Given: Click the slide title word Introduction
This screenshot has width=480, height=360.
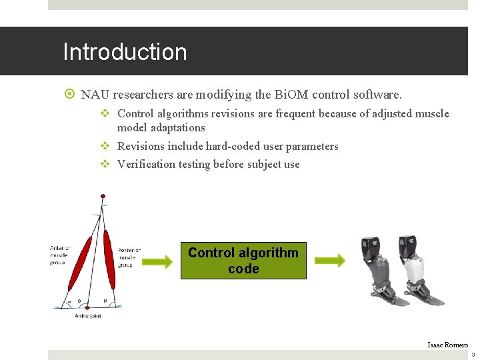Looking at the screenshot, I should [125, 52].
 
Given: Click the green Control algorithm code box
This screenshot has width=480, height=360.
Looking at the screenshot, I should [243, 261].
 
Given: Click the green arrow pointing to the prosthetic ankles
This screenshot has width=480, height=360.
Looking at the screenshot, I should [330, 261].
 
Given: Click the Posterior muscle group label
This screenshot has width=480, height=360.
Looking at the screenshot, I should [129, 257].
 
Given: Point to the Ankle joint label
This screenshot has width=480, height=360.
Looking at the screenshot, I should [88, 316].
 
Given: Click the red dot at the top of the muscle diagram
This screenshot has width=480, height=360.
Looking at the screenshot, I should [102, 196].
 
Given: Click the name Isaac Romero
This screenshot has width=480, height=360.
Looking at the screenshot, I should [447, 345].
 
